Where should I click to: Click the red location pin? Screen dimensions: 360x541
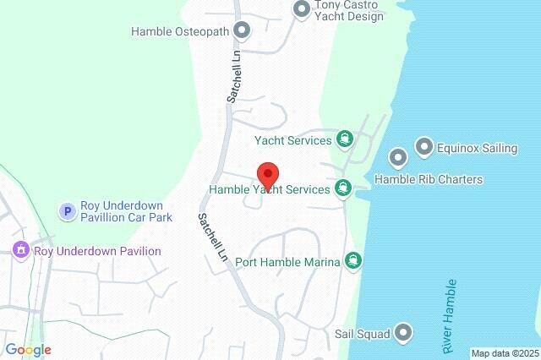[268, 175]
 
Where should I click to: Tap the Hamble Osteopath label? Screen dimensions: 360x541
[181, 31]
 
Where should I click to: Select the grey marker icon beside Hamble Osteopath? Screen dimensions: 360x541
[243, 31]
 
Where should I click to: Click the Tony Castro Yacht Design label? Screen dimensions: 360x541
[348, 10]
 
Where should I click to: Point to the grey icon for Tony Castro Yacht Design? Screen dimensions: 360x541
[302, 9]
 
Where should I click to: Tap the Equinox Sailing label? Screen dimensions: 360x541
[477, 148]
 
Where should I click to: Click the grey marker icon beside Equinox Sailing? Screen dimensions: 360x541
[424, 148]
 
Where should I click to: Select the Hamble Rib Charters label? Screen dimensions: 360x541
[429, 179]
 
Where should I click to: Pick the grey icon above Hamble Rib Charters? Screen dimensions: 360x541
[398, 157]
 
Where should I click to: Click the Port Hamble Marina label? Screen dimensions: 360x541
[287, 261]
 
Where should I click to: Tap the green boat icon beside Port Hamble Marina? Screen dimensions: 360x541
[353, 260]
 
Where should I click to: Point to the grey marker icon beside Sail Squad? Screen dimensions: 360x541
[404, 332]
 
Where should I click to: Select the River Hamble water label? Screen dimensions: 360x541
[449, 316]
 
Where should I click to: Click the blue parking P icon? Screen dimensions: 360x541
[68, 211]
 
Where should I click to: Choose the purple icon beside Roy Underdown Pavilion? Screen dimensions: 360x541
[21, 250]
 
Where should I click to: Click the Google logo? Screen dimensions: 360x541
[28, 350]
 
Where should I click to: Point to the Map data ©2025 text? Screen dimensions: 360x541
[505, 353]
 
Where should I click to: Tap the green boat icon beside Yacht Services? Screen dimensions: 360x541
[344, 139]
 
